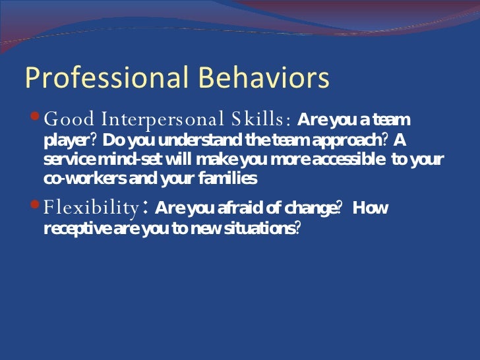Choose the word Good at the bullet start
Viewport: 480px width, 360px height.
69,120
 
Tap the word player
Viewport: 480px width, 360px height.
65,142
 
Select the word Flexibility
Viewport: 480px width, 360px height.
90,209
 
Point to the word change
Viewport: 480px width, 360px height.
309,209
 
